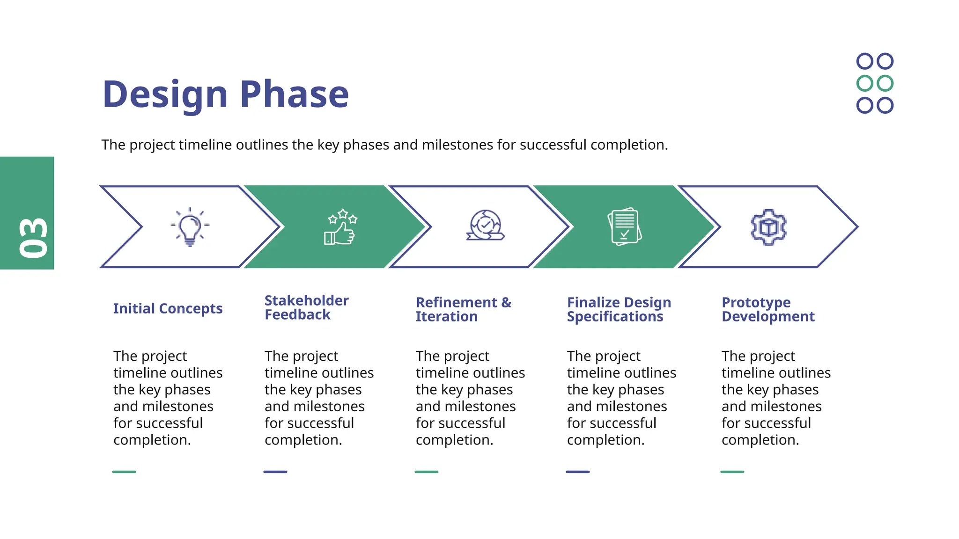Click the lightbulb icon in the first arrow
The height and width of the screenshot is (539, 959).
click(x=190, y=227)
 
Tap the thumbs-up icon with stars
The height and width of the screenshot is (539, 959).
click(x=341, y=227)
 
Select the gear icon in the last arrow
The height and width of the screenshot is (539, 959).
click(x=768, y=227)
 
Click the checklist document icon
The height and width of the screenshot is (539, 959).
click(x=624, y=227)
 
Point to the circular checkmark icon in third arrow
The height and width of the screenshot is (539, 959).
click(x=486, y=226)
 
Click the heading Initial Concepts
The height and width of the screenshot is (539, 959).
click(x=168, y=309)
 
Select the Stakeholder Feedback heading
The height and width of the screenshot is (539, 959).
click(x=306, y=307)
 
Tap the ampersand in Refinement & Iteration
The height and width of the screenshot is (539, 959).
click(x=506, y=302)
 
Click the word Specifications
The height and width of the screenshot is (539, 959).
click(x=615, y=317)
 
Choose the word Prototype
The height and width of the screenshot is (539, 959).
click(x=756, y=303)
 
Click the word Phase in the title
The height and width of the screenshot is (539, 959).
click(x=294, y=95)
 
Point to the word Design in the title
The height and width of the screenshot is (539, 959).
click(x=165, y=95)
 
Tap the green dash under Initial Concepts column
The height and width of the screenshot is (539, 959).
click(x=124, y=472)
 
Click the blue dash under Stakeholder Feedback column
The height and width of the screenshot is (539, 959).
click(x=275, y=472)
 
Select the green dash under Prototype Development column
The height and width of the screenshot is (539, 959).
click(x=732, y=472)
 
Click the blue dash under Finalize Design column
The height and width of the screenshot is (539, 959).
click(x=577, y=472)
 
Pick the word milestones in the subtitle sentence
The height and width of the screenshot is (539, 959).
click(x=457, y=145)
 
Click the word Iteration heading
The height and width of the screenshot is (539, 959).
click(x=446, y=317)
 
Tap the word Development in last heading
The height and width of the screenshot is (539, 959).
click(x=768, y=317)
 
